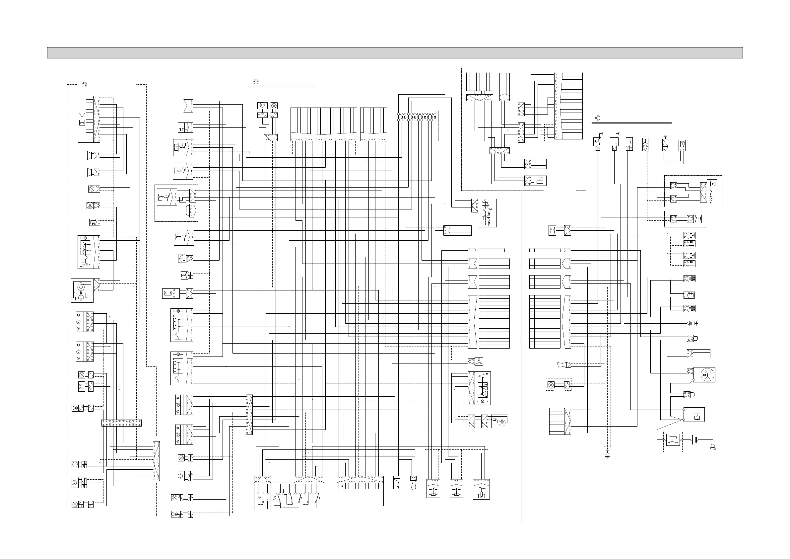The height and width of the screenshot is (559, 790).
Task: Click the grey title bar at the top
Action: tap(395, 53)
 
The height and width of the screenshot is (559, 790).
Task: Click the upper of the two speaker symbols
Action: tap(91, 155)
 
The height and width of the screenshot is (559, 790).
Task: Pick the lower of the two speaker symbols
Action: tap(91, 172)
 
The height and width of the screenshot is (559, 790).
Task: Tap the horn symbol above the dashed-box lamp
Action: tap(560, 364)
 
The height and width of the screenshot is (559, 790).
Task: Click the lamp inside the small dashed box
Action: tap(551, 385)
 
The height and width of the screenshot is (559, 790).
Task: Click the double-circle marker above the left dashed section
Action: tap(84, 85)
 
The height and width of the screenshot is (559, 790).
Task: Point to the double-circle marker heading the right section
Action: tap(598, 118)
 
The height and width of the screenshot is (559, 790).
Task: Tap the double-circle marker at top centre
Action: tap(256, 82)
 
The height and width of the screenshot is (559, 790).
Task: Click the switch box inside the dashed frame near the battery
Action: tap(673, 440)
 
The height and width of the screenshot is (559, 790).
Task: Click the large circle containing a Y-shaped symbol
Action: tap(707, 374)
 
